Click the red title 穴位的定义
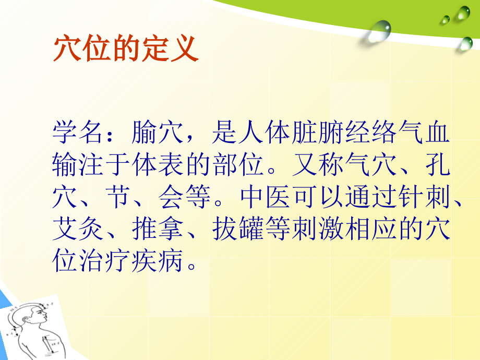pos(126,50)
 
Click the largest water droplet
pos(379,30)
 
